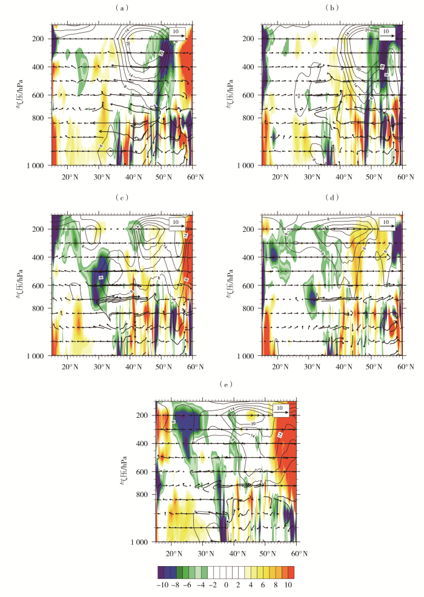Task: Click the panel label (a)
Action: [122, 7]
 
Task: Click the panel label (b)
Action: [331, 7]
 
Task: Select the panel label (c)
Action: [122, 197]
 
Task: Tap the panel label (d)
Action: [331, 197]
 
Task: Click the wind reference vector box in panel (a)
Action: [175, 32]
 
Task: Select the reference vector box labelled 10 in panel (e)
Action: [280, 410]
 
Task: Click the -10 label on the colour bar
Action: [162, 585]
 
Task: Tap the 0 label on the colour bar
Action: [227, 585]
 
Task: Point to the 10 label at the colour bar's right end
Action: [289, 585]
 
